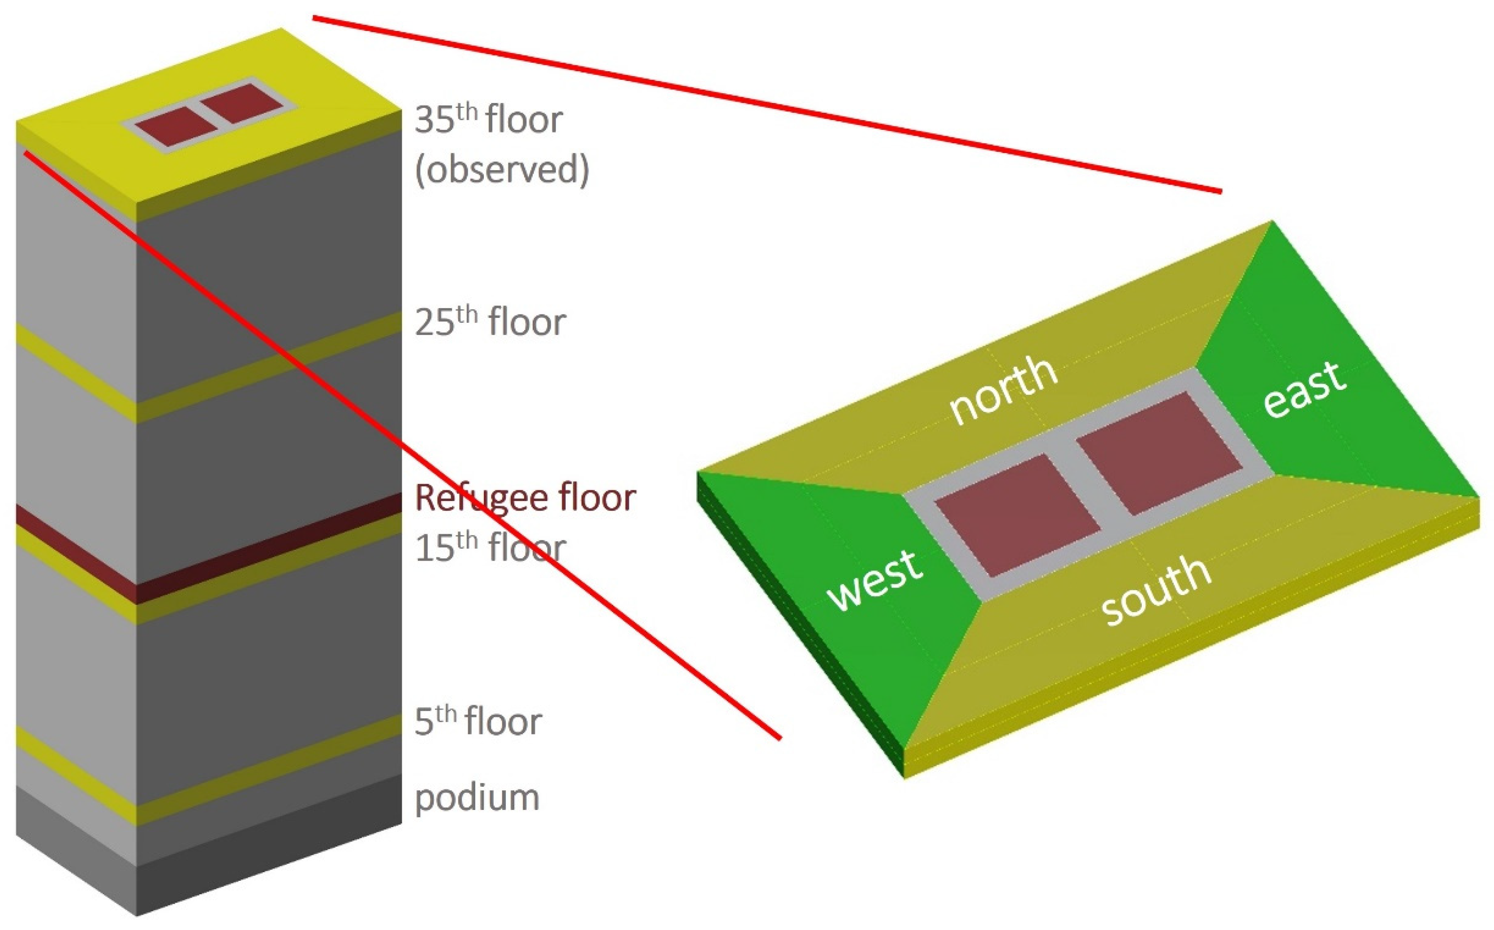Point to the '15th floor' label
click(490, 548)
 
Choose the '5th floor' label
click(478, 721)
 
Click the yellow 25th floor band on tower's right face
click(265, 369)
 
